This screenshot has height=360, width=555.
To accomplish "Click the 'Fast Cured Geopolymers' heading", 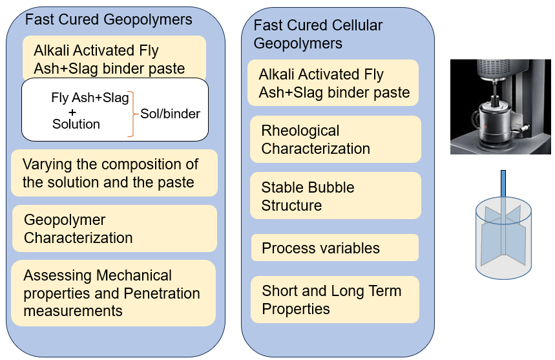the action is click(109, 19).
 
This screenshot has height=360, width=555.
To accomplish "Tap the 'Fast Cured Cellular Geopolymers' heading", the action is click(318, 34).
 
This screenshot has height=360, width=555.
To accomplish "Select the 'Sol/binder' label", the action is click(171, 114).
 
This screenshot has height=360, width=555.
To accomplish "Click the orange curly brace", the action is click(132, 114).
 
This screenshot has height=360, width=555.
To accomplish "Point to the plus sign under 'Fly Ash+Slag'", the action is click(72, 112).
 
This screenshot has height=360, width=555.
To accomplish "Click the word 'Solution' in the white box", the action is click(76, 124).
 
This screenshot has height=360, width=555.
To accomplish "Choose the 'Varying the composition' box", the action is click(114, 173).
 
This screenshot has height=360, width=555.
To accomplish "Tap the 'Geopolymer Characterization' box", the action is click(114, 228).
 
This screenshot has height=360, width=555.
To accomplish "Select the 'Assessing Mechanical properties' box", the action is click(114, 293).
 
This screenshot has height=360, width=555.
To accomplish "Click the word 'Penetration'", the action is click(162, 293).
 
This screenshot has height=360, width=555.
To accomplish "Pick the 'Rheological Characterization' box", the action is click(335, 139).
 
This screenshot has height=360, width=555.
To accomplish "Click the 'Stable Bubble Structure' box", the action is click(335, 196).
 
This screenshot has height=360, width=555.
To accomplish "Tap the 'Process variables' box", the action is click(335, 248).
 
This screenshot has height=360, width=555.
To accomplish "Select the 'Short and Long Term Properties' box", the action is click(335, 299).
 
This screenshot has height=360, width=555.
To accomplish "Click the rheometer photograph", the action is click(501, 107).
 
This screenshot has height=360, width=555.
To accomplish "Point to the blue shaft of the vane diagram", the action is click(503, 184).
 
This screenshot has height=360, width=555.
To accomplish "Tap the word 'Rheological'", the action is click(300, 131).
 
